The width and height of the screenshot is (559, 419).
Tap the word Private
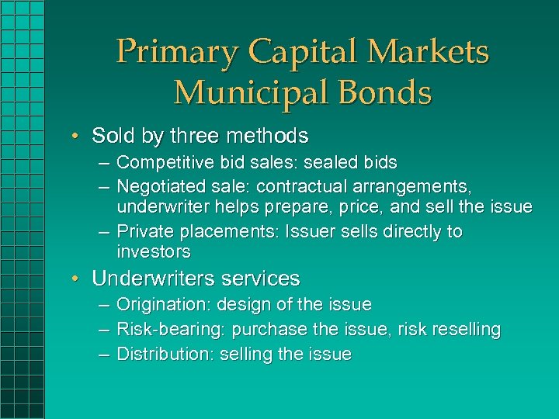(145, 232)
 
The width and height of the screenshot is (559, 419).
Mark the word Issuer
(312, 232)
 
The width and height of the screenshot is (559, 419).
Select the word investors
(154, 251)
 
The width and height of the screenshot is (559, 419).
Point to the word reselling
(464, 330)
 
